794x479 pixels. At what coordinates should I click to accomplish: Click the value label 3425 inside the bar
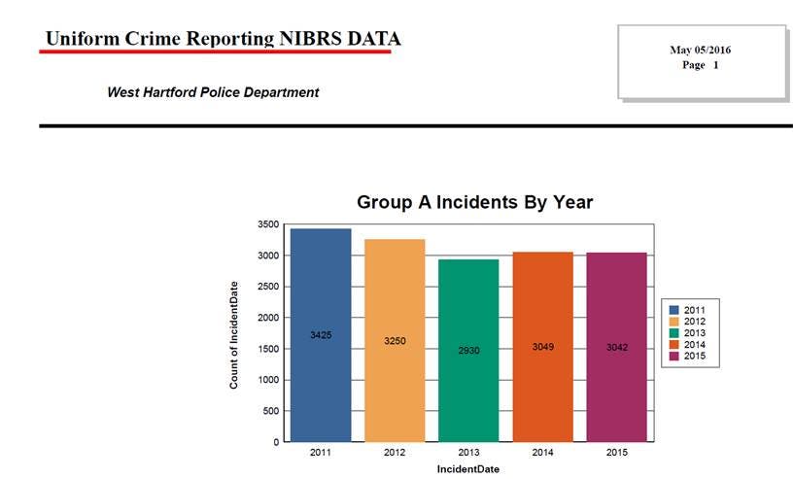click(321, 335)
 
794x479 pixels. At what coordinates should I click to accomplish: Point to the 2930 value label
click(468, 350)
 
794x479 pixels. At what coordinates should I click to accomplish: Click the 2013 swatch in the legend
click(673, 333)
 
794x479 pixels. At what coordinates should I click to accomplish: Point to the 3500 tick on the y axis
click(267, 224)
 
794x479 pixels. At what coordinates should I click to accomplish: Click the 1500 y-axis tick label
click(267, 349)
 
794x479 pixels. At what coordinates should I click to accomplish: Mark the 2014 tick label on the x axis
click(542, 453)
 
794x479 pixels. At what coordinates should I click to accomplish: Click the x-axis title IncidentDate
click(468, 469)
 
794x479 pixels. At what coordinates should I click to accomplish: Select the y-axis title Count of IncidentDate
click(234, 334)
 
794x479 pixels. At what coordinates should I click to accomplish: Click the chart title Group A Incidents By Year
click(475, 202)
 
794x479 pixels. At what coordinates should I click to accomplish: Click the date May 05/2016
click(701, 50)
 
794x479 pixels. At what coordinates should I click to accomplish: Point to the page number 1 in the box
click(715, 65)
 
